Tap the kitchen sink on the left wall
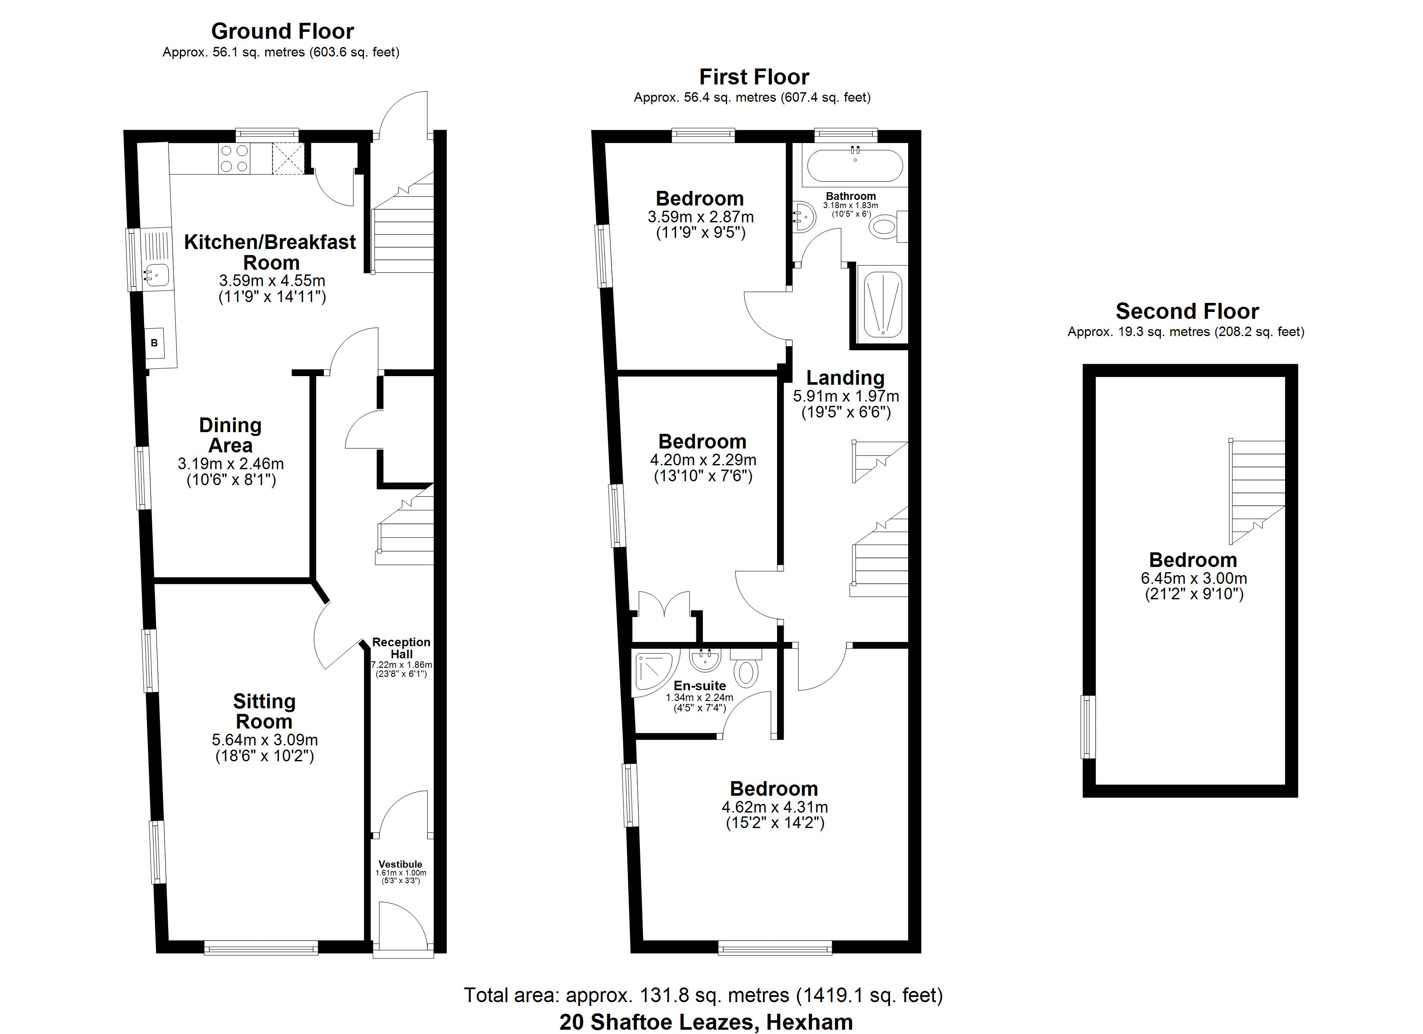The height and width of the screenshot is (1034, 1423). pos(156,274)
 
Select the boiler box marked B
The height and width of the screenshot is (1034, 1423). pos(154,343)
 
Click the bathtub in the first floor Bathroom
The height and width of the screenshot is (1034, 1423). pos(855,165)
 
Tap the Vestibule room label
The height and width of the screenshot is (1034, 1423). pos(400,864)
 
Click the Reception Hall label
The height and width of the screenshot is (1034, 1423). pos(401,648)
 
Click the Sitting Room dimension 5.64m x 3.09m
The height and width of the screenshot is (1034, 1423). pos(264,740)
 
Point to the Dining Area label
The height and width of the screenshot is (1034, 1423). pos(230,435)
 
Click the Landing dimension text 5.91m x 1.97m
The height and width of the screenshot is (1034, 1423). pos(845,396)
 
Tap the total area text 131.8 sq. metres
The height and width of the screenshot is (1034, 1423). pos(703,995)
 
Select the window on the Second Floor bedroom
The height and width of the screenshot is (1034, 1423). pos(1088,727)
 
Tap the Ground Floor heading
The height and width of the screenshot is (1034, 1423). pos(282,31)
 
